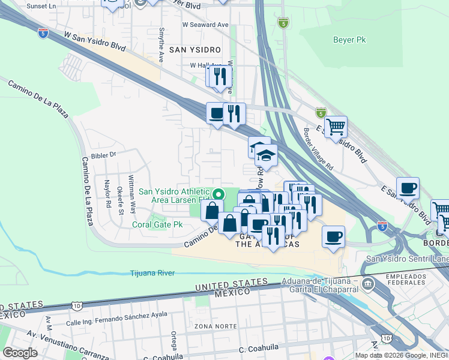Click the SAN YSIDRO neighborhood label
coord(194,49)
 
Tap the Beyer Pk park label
coord(349,41)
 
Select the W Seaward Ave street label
coord(206,25)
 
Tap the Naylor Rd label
coord(108,193)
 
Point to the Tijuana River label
coord(152,273)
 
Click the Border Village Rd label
coord(318,151)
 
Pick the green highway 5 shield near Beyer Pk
coord(283,23)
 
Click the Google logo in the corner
coord(20,352)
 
